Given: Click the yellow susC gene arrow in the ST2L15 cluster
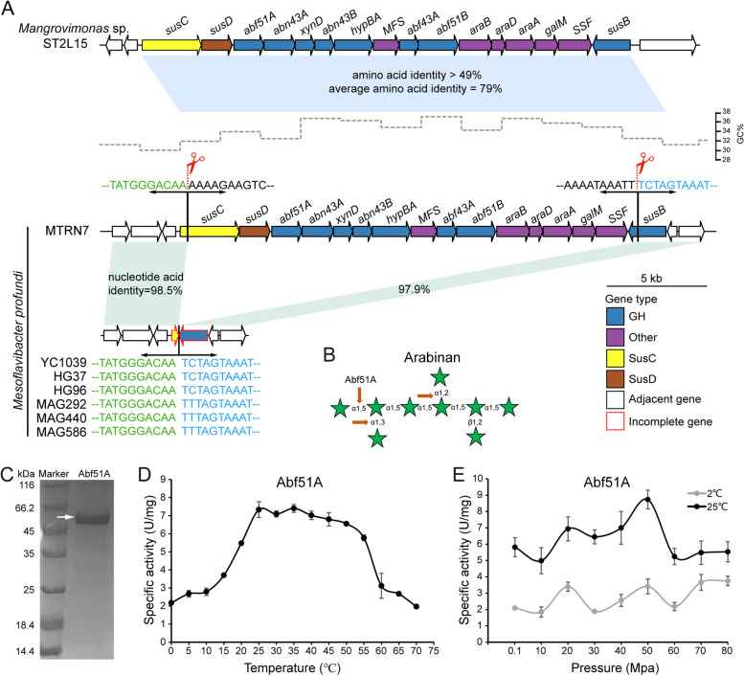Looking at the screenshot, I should coord(170,45).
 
